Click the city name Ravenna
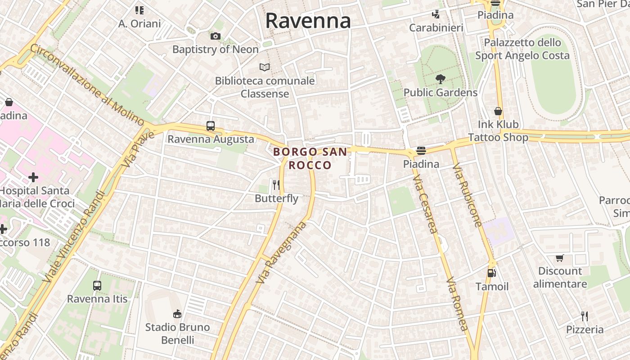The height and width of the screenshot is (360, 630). click(308, 21)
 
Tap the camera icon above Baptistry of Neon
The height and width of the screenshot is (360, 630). click(216, 36)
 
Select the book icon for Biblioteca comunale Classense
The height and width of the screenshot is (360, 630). click(265, 67)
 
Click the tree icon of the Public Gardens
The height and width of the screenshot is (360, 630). click(440, 79)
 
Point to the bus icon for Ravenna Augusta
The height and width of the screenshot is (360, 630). click(211, 126)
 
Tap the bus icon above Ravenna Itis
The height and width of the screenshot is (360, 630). click(97, 285)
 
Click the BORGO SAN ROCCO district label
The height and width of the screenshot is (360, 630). click(310, 158)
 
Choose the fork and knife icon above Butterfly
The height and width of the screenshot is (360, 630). click(276, 184)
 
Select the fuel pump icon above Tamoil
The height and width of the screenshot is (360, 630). click(492, 273)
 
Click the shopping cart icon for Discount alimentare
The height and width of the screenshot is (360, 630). click(560, 258)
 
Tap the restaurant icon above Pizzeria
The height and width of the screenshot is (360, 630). click(585, 316)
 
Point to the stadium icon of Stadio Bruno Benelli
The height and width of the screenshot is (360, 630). click(177, 314)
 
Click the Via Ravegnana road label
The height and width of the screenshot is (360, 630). click(281, 252)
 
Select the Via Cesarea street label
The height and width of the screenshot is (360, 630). click(425, 204)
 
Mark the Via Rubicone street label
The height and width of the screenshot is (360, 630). click(467, 196)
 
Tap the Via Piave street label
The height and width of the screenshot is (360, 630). click(138, 149)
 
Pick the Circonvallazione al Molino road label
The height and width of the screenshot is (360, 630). click(87, 84)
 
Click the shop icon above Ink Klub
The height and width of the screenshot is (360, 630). click(498, 111)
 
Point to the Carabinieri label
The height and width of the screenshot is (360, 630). click(436, 28)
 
